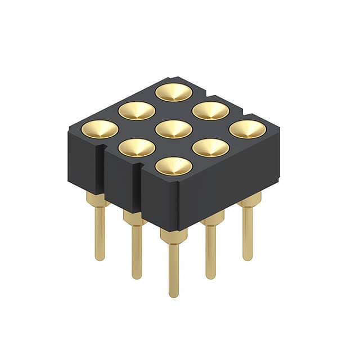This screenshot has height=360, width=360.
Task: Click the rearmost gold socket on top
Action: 174,92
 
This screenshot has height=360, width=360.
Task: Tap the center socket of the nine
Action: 174,129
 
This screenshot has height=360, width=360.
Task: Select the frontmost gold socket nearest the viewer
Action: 174,166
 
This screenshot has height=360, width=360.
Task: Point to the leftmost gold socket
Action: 100,129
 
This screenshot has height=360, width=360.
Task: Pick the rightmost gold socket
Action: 247,129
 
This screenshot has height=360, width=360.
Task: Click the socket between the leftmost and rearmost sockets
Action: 137,110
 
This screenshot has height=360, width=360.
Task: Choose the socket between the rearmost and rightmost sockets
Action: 211,110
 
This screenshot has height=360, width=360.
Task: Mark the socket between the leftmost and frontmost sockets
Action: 137,147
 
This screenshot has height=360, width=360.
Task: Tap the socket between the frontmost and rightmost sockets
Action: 211,147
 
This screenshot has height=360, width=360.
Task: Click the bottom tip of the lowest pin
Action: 174,295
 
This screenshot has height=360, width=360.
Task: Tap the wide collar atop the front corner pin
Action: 173,235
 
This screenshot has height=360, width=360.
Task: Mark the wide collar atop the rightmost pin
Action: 249,200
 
